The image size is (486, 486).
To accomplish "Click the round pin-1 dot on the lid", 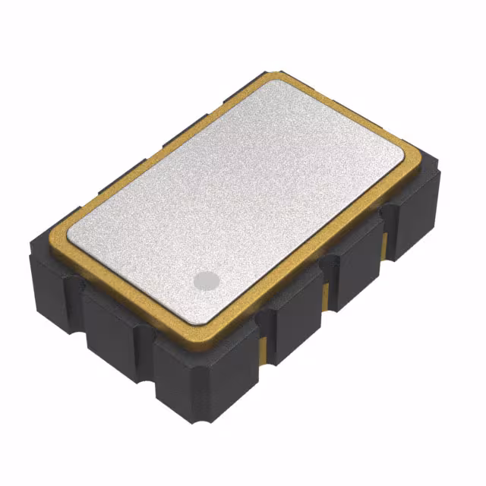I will click(x=206, y=281).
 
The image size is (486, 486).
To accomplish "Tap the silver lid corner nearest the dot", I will click(x=215, y=317).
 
